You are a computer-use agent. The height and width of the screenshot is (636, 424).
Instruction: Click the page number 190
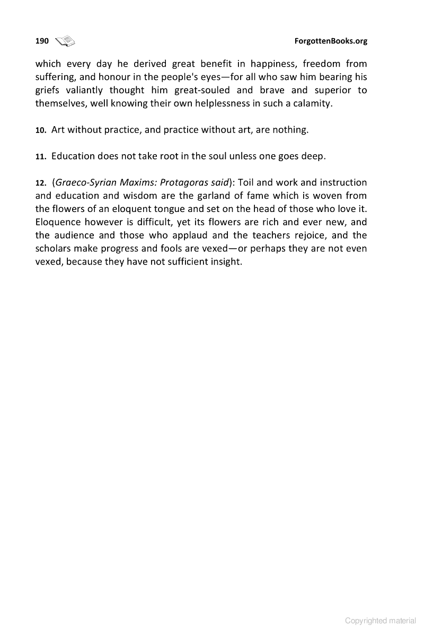[x=42, y=41]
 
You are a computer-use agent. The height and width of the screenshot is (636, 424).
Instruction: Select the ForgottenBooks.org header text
[x=331, y=41]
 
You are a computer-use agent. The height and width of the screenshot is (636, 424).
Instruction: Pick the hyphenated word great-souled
[x=202, y=90]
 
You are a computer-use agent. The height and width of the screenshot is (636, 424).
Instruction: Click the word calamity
[x=313, y=103]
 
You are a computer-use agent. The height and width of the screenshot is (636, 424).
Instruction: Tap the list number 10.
[x=41, y=130]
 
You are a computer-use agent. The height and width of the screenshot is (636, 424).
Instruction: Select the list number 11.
[x=41, y=157]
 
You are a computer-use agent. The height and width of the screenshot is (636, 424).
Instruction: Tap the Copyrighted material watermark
[x=380, y=621]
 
